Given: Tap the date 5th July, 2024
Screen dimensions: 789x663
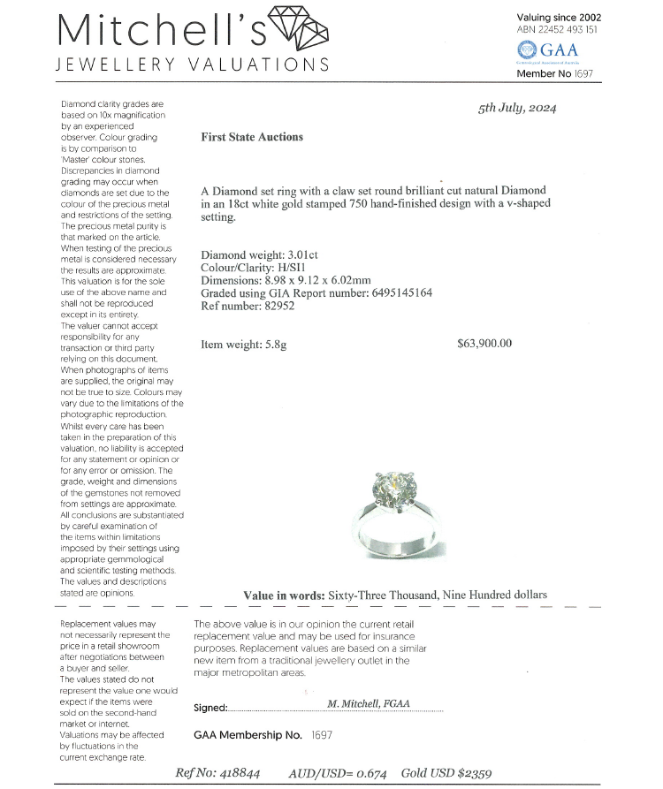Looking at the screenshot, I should point(517,109).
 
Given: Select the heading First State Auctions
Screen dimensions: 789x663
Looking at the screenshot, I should point(252,137).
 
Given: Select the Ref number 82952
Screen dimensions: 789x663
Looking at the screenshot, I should point(278,306).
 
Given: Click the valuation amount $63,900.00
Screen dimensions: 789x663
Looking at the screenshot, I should point(484,344).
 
